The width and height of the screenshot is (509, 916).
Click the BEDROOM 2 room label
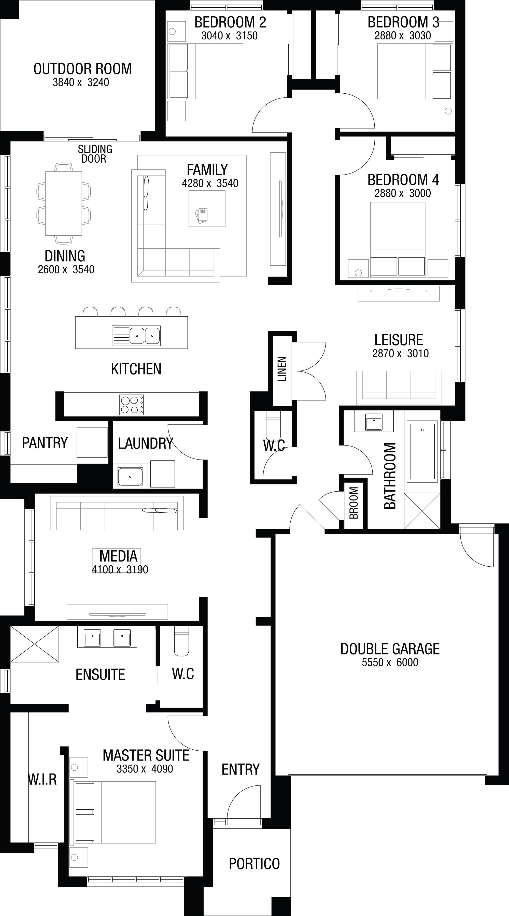point(230,22)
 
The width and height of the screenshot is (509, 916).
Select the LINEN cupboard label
point(282,369)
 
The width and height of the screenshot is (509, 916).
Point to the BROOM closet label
point(354,503)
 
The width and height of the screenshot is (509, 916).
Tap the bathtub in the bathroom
point(422,451)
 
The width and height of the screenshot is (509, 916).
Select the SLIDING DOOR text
point(95,154)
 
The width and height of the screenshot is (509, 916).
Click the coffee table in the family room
point(207,208)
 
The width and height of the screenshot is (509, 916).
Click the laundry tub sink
point(130,476)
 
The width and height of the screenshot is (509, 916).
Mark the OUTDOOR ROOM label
point(82,69)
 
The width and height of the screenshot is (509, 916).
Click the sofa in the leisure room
point(399,388)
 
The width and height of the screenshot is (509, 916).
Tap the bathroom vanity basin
point(374,422)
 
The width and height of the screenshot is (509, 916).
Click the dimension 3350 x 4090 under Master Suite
point(145,768)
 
